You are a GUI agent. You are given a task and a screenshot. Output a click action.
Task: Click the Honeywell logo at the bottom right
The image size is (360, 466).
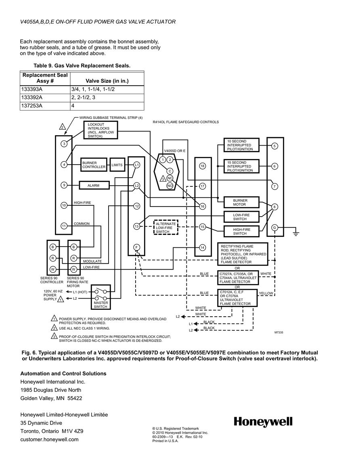(263, 422)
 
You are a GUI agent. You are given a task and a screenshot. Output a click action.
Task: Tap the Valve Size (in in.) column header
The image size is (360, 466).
(107, 81)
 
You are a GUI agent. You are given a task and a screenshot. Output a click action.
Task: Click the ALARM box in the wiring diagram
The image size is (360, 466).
(94, 186)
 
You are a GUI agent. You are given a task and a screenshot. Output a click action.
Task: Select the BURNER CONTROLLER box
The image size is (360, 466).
(94, 165)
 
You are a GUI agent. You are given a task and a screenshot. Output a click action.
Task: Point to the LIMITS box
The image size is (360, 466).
(117, 165)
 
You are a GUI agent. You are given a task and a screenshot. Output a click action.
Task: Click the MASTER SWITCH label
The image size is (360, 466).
(100, 305)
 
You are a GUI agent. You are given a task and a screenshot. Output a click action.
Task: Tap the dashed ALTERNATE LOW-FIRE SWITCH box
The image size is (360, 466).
(166, 228)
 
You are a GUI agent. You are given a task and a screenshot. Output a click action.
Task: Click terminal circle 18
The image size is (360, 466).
(203, 166)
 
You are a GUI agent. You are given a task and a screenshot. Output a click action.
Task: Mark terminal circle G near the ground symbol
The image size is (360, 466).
(274, 228)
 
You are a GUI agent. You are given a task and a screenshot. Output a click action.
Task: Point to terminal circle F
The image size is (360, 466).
(136, 247)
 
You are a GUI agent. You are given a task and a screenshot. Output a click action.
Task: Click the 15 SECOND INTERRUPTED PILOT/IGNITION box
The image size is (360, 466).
(241, 166)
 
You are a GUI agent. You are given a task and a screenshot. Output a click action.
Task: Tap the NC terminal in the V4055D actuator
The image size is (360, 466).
(170, 178)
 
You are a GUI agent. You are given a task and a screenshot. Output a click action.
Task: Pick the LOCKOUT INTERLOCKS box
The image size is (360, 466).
(100, 130)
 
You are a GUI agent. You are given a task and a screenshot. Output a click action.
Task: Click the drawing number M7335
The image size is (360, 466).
(278, 332)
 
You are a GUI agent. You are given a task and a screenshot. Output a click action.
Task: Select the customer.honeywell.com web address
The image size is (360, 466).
(49, 439)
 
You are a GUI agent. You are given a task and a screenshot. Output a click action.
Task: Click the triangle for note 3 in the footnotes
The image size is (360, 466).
(54, 336)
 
